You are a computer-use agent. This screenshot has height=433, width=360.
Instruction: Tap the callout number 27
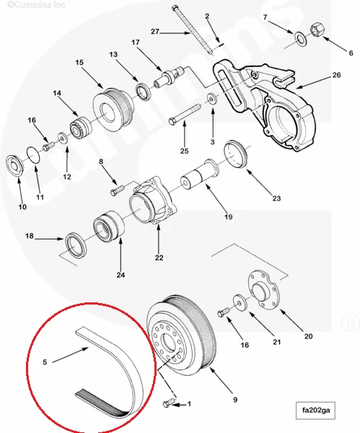click(x=155, y=31)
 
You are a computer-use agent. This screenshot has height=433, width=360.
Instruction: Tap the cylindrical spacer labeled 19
click(x=197, y=177)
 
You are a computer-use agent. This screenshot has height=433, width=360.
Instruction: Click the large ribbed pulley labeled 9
click(x=180, y=336)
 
